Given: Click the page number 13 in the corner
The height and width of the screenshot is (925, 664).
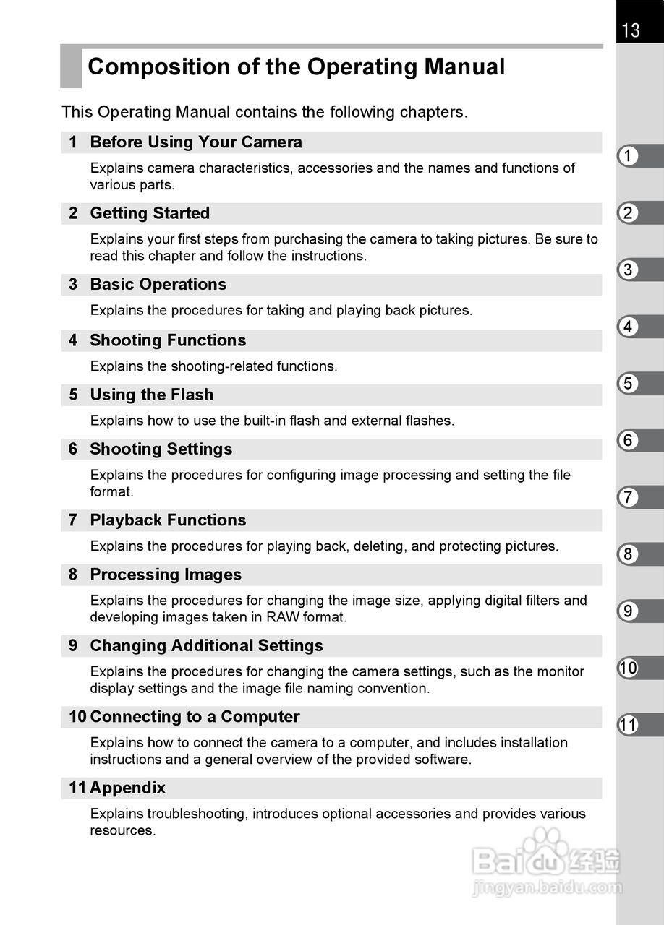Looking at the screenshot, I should [x=630, y=30].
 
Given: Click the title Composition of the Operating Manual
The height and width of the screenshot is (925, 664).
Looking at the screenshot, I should [x=296, y=67].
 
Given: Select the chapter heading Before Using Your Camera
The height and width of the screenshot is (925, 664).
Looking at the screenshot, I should [x=195, y=142].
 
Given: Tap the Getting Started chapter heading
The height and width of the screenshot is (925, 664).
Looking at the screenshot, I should [x=150, y=213].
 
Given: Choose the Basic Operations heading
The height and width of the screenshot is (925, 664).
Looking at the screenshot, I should [x=158, y=285].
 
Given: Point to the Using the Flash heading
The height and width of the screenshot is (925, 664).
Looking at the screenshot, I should [x=151, y=395].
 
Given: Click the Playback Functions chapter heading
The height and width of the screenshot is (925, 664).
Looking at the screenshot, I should [x=168, y=520].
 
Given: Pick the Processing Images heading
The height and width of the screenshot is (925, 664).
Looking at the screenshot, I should [x=166, y=575].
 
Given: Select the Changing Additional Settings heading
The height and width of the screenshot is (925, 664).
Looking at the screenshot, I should [x=206, y=646].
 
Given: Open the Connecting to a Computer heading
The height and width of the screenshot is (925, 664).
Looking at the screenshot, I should [x=195, y=717].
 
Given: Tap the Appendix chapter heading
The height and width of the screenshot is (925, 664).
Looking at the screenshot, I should [x=127, y=788].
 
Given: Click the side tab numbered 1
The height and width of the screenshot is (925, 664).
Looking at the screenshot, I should [x=629, y=156].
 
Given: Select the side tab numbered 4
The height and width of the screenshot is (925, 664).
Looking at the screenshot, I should [x=629, y=327].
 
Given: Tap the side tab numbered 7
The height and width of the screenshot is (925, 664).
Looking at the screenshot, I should [x=629, y=497].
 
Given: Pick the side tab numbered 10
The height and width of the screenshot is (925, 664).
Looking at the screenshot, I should [x=629, y=668].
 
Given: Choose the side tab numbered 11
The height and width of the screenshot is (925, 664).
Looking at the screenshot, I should [x=629, y=725].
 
